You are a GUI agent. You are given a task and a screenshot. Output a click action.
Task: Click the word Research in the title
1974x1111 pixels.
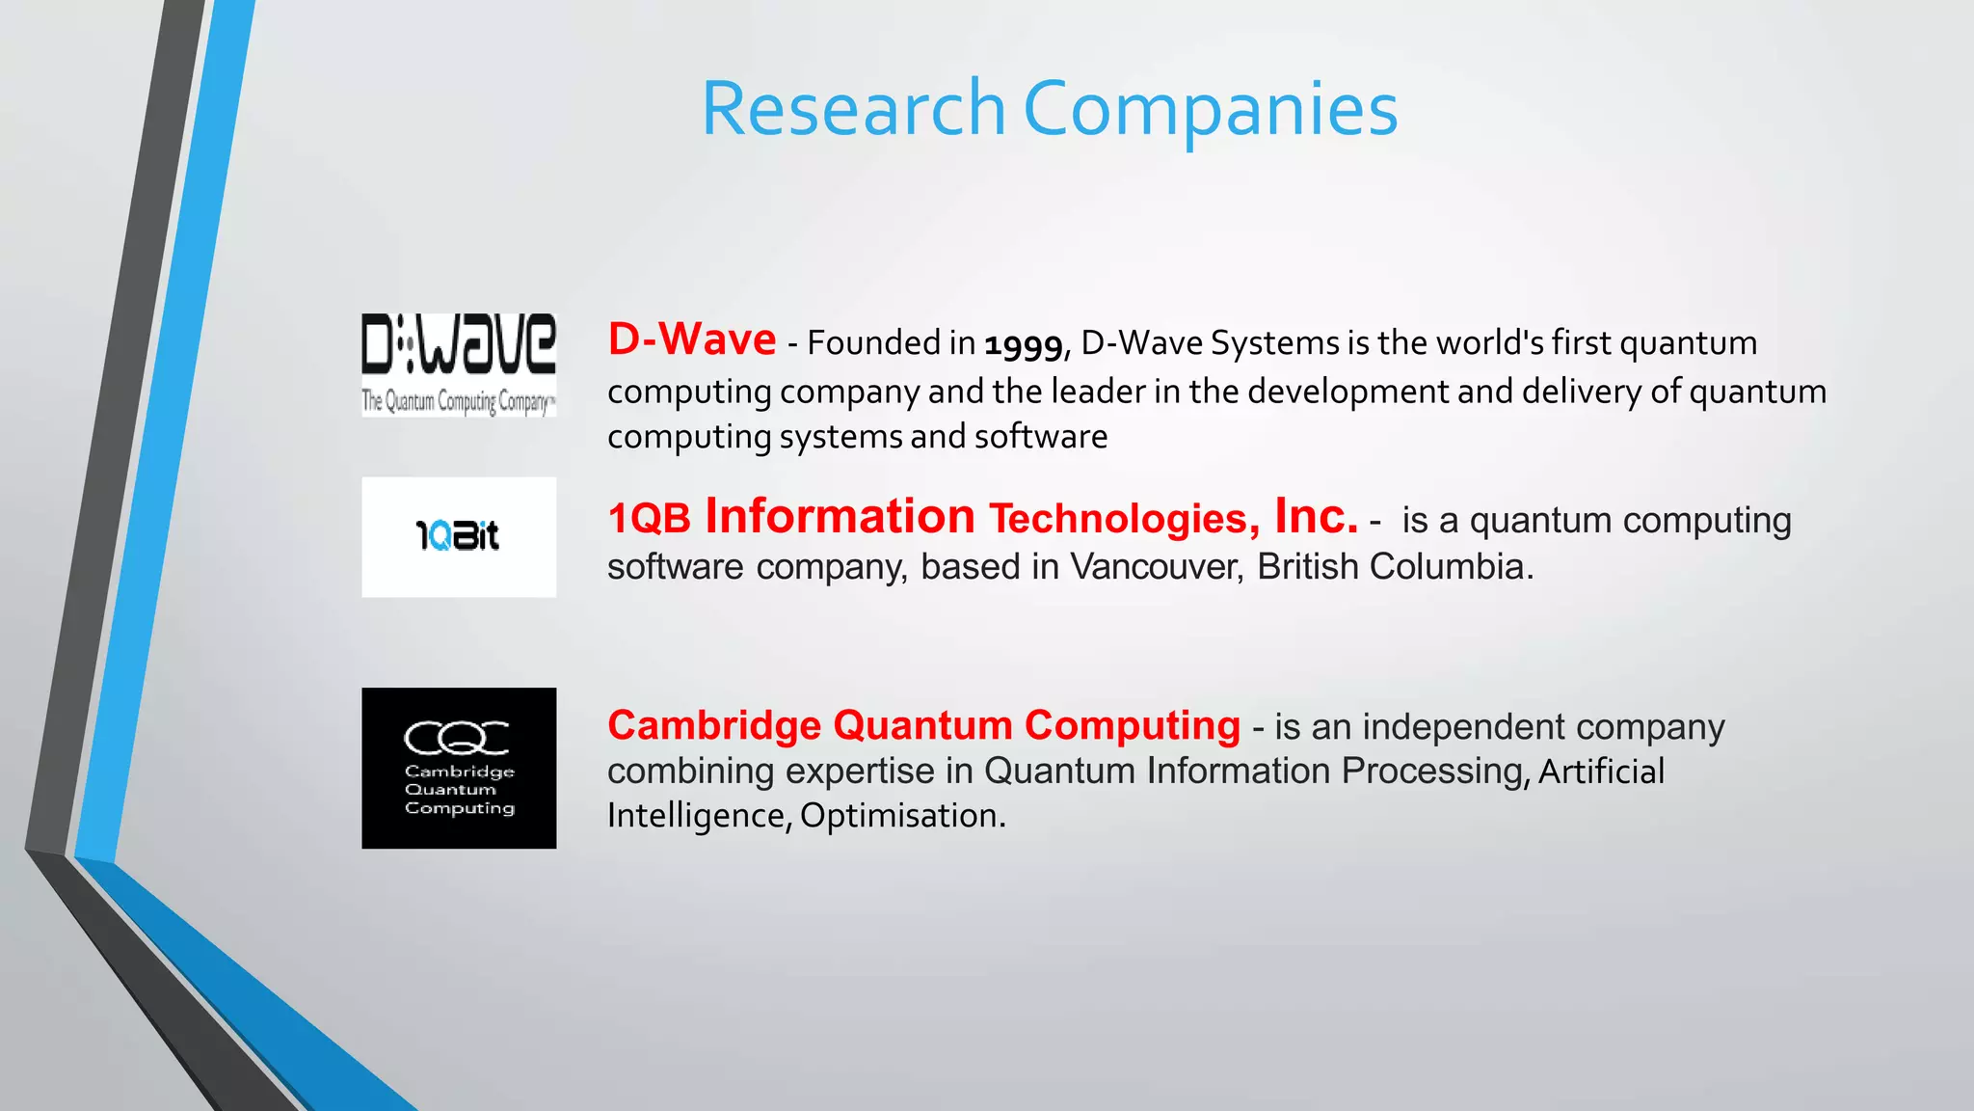pos(853,109)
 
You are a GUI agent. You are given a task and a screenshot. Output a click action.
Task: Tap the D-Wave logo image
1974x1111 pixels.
pos(459,365)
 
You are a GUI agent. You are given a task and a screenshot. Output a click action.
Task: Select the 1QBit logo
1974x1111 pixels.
pos(459,536)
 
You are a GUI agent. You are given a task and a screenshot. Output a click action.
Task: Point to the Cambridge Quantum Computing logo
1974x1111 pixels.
pos(459,768)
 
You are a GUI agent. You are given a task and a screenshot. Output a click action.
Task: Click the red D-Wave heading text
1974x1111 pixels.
pos(692,339)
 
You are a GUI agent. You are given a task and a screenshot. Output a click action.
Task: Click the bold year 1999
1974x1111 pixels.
pos(1023,344)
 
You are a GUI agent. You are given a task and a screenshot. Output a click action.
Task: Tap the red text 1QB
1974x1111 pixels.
pos(650,519)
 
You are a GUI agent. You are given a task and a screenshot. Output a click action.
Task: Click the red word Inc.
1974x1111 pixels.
pos(1316,516)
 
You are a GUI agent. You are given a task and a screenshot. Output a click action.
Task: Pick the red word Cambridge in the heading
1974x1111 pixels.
pos(714,725)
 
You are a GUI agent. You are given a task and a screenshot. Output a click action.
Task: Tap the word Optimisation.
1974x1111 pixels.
pos(902,816)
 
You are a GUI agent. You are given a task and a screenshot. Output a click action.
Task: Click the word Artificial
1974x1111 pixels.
pos(1601,772)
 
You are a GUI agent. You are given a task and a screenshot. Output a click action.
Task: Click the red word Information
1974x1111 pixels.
pos(840,517)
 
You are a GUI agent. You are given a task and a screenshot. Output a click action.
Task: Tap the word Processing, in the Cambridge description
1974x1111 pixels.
pos(1435,772)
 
